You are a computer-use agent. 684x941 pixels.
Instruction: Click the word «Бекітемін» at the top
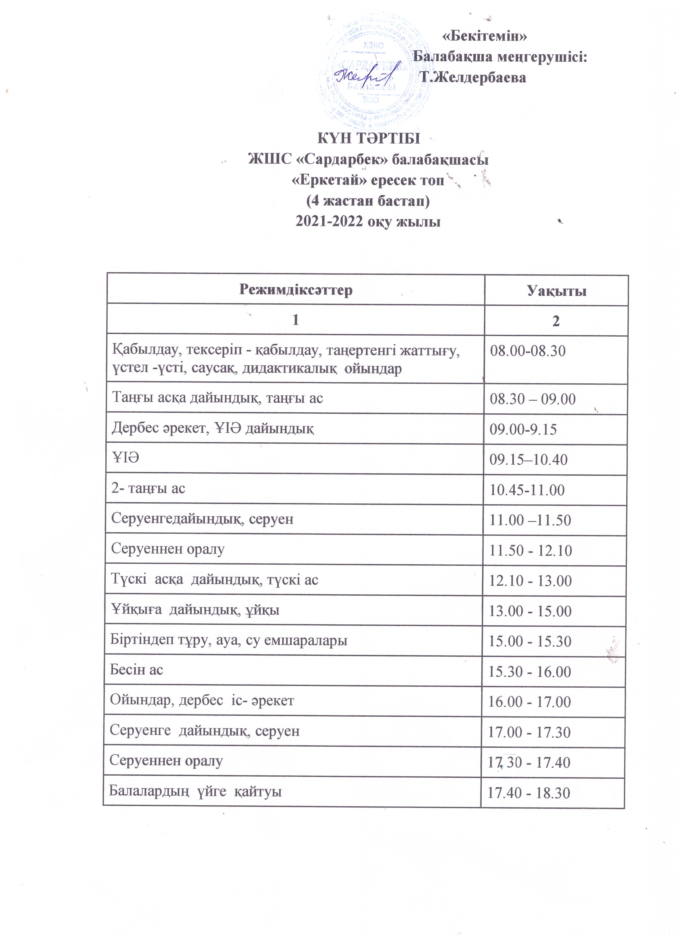(x=485, y=36)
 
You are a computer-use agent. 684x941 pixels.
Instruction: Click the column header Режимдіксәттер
(x=296, y=290)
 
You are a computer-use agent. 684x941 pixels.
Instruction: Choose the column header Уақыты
(x=557, y=291)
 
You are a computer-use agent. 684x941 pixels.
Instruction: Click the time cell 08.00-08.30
(x=528, y=351)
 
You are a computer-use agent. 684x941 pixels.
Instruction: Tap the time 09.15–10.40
(x=529, y=460)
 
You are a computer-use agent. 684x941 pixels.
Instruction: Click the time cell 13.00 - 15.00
(x=530, y=611)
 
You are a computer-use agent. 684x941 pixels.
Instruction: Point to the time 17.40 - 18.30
(x=529, y=793)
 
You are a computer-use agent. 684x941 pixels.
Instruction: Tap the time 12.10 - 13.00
(x=530, y=580)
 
